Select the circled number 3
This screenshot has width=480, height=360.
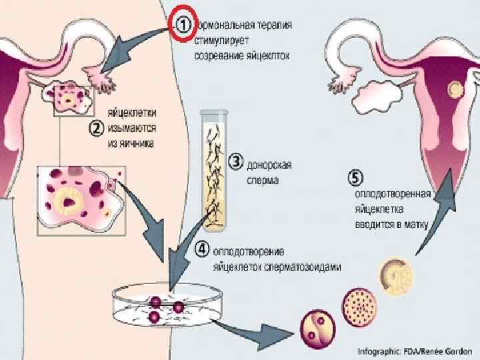click(235, 160)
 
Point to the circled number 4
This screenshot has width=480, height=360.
click(201, 251)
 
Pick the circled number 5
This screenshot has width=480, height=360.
click(357, 178)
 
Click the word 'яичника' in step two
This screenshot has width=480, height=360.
click(130, 143)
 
